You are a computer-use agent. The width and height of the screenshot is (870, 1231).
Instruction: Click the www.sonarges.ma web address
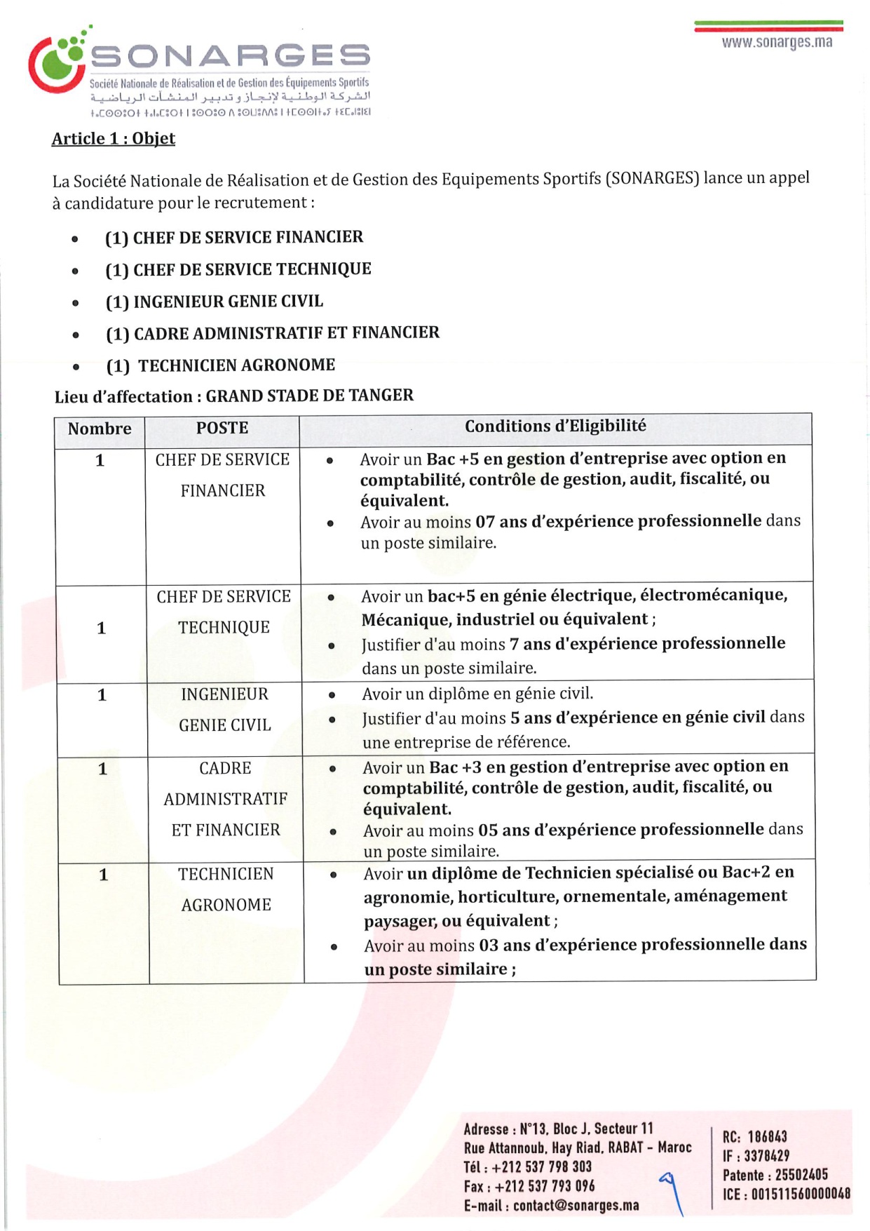click(x=777, y=42)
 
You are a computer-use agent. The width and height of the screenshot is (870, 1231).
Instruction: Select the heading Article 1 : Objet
click(x=114, y=138)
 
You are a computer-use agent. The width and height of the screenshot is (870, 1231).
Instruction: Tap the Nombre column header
click(x=100, y=429)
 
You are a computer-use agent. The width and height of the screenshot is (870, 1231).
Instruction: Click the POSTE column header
click(x=222, y=428)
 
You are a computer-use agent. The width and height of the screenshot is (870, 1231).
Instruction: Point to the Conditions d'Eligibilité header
click(x=555, y=426)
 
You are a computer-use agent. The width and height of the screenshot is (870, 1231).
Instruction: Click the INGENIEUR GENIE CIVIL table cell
click(x=224, y=709)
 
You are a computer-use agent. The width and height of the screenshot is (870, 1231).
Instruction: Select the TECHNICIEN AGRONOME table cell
click(x=226, y=889)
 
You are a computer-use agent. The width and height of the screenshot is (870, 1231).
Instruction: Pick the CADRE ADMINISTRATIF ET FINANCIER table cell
click(x=226, y=799)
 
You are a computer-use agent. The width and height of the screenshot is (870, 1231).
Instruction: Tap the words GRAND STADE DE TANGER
click(x=309, y=396)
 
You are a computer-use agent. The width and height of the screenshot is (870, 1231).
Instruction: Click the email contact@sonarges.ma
click(x=576, y=1205)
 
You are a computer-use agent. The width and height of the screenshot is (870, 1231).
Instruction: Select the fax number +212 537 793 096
click(x=545, y=1186)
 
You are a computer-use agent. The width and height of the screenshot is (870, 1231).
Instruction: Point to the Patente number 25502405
click(x=801, y=1174)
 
